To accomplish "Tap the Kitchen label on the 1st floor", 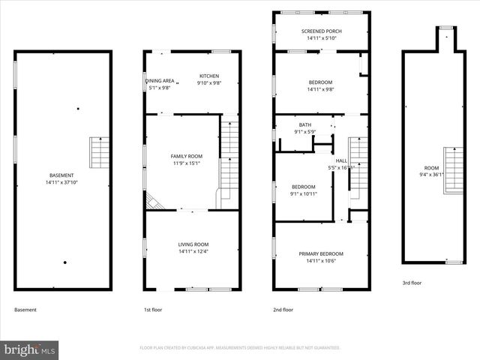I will tap(208, 76).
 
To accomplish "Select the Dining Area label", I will tap(160, 80).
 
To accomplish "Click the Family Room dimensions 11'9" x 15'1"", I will tap(186, 163).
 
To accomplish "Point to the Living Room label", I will tap(193, 244).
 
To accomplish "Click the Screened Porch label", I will tap(321, 31).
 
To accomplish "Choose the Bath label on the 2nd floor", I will tap(304, 125).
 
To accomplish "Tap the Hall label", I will tap(341, 160).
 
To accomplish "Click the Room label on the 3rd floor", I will tap(431, 168).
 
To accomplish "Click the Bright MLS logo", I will tap(30, 349).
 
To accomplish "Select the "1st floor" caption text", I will tap(153, 309).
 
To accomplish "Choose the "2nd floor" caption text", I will tap(283, 309).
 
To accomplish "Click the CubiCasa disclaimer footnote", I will tap(240, 348).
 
